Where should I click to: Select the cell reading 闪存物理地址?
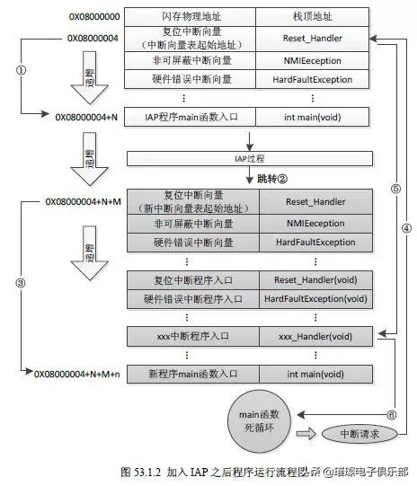click(191, 17)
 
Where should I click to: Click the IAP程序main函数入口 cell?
click(191, 117)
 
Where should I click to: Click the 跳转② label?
click(276, 179)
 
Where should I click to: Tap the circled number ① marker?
click(21, 68)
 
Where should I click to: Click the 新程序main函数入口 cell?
click(191, 373)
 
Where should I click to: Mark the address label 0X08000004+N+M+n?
click(76, 373)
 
